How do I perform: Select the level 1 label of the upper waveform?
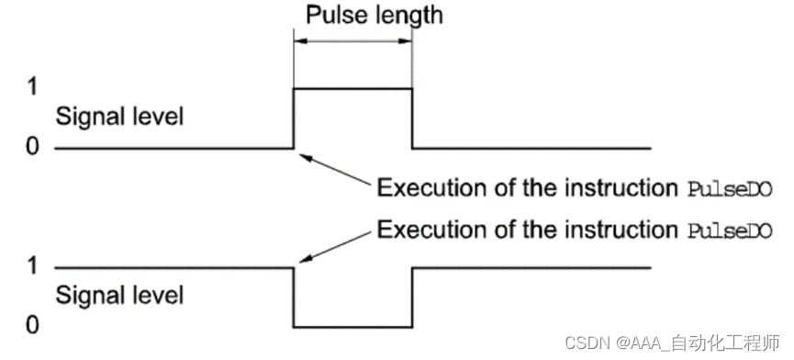(x=33, y=88)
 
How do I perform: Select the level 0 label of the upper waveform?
(x=33, y=148)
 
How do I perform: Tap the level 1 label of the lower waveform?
(x=33, y=267)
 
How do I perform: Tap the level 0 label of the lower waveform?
(x=33, y=326)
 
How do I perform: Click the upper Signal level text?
(x=119, y=118)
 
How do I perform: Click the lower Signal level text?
(x=119, y=296)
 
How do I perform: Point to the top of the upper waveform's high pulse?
(x=352, y=88)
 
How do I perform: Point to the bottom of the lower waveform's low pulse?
(x=352, y=327)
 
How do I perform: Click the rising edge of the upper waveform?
(x=293, y=118)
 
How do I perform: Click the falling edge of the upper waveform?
(x=412, y=118)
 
